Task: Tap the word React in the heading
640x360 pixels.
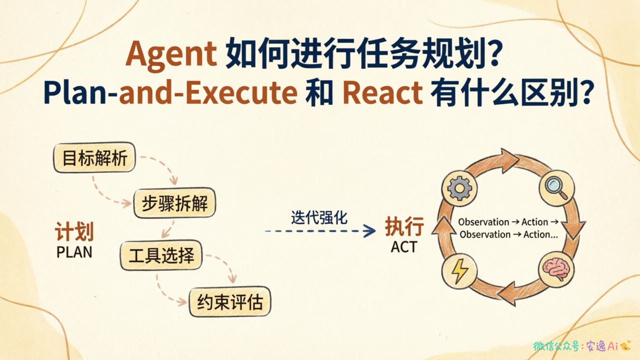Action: (x=382, y=92)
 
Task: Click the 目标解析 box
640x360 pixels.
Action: (x=94, y=157)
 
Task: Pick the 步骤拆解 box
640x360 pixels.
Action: (x=174, y=203)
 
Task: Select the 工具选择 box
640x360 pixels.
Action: (x=161, y=255)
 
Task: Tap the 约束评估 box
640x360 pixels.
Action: (x=230, y=301)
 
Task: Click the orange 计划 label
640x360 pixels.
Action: (x=74, y=231)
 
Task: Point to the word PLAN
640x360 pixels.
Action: (x=74, y=252)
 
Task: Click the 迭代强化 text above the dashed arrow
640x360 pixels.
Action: (x=319, y=217)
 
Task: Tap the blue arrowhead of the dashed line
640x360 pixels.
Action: (x=369, y=230)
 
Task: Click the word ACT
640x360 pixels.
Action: (x=404, y=247)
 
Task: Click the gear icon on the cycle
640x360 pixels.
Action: (x=459, y=188)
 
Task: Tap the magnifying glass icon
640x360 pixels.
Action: (x=557, y=187)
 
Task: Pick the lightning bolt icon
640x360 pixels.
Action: (x=459, y=271)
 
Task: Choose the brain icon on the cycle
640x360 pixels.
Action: (x=556, y=269)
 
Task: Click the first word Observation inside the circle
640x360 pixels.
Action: (x=483, y=222)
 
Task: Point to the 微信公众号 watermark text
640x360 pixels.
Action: (x=555, y=346)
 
